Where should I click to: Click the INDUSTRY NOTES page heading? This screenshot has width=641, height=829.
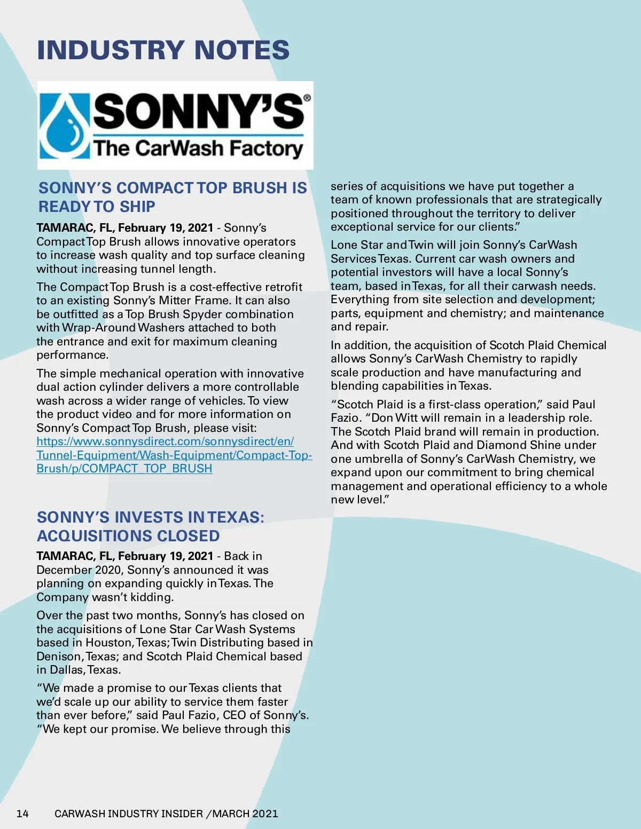point(163,50)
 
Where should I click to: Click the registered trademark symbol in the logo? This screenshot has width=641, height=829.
point(307,98)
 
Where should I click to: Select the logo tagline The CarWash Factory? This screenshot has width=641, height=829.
point(198,148)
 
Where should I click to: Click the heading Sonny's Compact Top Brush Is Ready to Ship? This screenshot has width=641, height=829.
point(173,197)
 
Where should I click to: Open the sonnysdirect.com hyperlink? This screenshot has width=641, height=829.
point(174,455)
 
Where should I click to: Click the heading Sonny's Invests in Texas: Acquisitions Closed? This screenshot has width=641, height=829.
point(150,526)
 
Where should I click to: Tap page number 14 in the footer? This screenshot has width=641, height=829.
point(22,814)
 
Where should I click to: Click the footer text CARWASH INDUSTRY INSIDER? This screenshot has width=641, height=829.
point(129,814)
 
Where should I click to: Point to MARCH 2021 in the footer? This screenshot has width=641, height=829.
point(245,814)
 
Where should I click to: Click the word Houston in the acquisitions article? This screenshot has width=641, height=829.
point(109,643)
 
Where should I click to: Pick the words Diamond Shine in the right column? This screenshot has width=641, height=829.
point(517,445)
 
